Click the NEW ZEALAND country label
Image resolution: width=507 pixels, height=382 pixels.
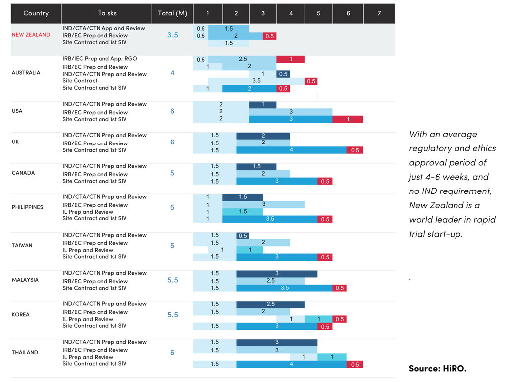point(31,35)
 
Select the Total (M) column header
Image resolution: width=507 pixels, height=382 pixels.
point(172,13)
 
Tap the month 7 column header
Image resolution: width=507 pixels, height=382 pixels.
point(379,13)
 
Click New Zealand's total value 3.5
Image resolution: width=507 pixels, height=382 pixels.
point(172,35)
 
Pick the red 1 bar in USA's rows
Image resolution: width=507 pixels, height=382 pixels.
point(348,119)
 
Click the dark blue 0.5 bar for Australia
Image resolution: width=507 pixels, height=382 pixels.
point(283,74)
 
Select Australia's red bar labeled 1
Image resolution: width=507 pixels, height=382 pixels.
point(291,59)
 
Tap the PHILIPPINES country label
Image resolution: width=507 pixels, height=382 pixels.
point(27,207)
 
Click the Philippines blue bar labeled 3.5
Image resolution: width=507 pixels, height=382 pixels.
point(270,219)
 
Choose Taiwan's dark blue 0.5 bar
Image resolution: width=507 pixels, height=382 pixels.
point(243,236)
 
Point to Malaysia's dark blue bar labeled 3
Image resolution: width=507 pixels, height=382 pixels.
point(277,274)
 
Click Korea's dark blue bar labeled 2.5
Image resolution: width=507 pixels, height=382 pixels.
point(270,304)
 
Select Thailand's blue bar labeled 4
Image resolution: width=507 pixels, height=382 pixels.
point(291,364)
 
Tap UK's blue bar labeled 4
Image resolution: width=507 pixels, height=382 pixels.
point(291,150)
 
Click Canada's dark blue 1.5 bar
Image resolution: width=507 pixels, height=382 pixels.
point(256,167)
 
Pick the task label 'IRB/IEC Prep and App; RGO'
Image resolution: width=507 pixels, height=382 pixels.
point(100,59)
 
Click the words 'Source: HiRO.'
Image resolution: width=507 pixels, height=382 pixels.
point(437,368)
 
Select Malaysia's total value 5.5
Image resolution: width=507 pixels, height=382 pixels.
point(172,280)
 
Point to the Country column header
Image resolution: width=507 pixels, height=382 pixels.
point(36,13)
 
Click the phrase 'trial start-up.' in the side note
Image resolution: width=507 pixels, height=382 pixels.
point(436,234)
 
